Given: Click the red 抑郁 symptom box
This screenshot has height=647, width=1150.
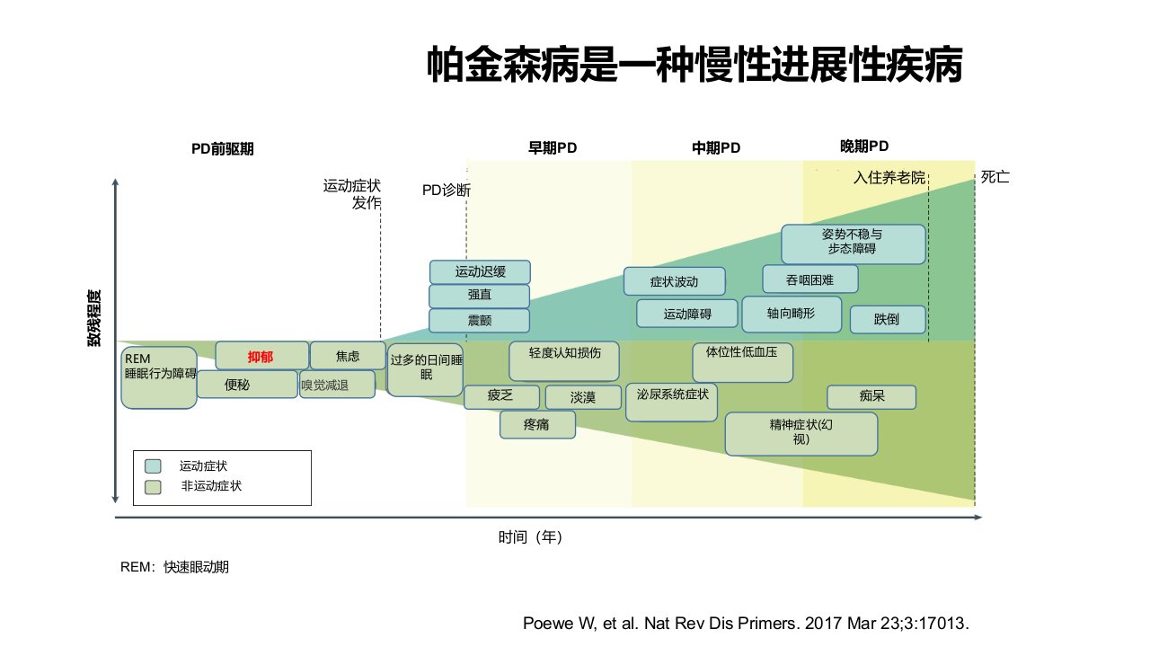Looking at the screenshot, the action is tap(261, 355).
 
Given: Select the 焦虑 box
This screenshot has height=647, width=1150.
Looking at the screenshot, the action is tap(348, 355).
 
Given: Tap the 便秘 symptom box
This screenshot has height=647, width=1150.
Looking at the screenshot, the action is tap(247, 384).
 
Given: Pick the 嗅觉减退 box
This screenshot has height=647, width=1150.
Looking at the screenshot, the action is tap(337, 384).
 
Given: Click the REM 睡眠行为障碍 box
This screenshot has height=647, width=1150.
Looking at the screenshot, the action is tap(159, 378).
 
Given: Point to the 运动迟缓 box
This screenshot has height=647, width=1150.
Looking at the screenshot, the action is tap(480, 271).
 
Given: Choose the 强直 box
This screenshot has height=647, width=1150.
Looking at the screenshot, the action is tap(480, 296).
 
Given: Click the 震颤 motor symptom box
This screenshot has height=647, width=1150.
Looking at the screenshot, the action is tap(480, 321).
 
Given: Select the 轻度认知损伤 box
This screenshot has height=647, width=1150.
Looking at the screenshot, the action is tap(564, 361).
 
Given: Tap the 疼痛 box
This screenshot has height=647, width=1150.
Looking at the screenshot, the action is tap(537, 425).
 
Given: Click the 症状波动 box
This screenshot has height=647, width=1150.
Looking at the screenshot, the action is tap(675, 281).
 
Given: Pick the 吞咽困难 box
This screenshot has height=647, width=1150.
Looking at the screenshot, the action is tap(810, 279).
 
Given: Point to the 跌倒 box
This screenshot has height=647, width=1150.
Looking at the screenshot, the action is tap(888, 319).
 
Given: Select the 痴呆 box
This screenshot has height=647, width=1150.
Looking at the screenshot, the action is tap(871, 396).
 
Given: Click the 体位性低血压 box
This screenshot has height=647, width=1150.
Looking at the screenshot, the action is tap(742, 362).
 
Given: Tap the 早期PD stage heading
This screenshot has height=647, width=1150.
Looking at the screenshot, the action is tap(553, 148).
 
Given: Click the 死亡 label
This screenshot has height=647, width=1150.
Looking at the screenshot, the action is tap(995, 177).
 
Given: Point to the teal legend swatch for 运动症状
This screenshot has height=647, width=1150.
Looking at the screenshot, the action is tap(153, 465).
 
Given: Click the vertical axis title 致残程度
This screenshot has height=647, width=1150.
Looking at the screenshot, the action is tap(94, 318).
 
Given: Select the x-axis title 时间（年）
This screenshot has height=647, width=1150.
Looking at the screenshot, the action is tap(531, 537).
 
